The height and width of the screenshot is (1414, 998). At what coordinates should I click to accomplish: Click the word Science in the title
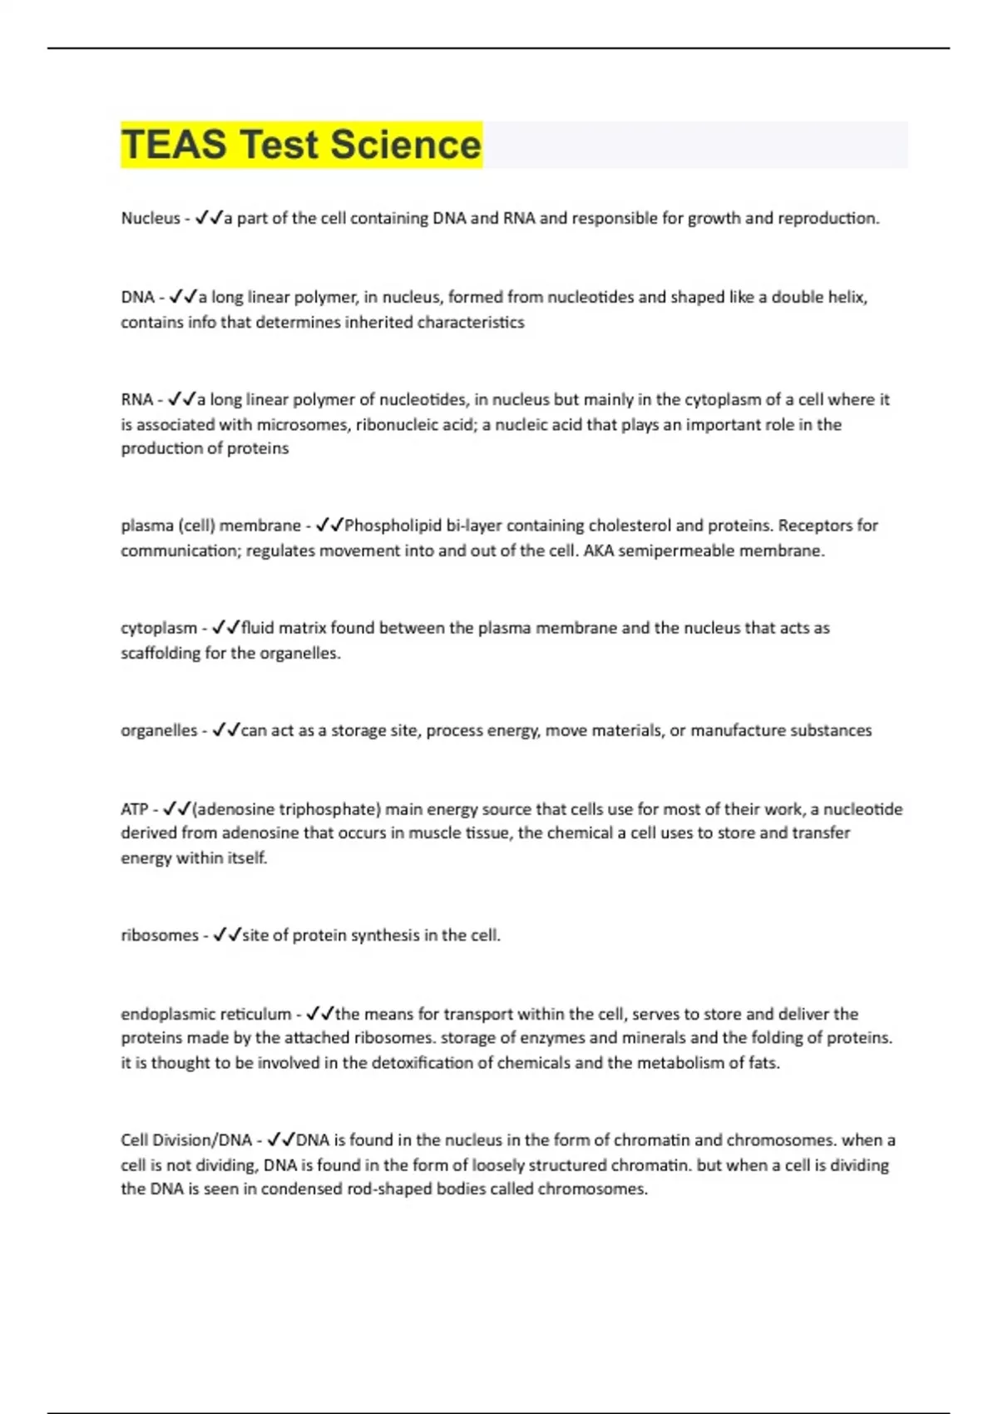pyautogui.click(x=406, y=145)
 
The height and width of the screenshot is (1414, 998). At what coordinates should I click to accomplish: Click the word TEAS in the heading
pyautogui.click(x=174, y=145)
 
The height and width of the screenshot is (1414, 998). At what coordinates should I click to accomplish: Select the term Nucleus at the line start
pyautogui.click(x=151, y=219)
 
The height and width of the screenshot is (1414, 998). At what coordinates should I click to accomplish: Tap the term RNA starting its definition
pyautogui.click(x=136, y=400)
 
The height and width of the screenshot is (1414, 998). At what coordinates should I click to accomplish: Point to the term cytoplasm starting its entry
pyautogui.click(x=159, y=628)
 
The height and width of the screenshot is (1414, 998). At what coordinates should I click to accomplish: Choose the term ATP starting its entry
pyautogui.click(x=134, y=809)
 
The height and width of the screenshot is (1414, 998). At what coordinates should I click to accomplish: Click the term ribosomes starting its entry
pyautogui.click(x=160, y=936)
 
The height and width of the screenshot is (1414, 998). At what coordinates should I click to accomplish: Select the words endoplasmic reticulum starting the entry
pyautogui.click(x=205, y=1015)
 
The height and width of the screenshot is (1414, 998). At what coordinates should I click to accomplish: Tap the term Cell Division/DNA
pyautogui.click(x=186, y=1140)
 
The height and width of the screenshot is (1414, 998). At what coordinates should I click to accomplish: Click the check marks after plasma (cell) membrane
pyautogui.click(x=329, y=526)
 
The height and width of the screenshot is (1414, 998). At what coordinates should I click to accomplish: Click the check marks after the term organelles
pyautogui.click(x=225, y=731)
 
